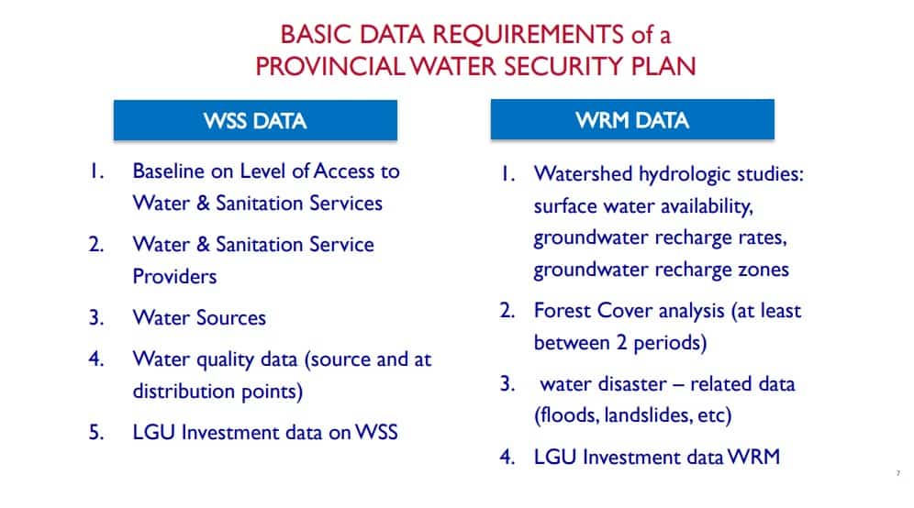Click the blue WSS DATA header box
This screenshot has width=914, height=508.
coord(255,120)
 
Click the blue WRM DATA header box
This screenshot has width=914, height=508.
coord(632,119)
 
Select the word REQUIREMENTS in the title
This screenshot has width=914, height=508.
coord(528,34)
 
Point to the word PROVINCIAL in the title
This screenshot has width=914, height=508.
coord(330,66)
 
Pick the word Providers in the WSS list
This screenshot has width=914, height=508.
coord(175,276)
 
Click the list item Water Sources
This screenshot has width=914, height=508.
coord(199,317)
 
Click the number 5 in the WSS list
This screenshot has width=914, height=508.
coord(95,432)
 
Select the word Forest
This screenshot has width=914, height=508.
coord(563,311)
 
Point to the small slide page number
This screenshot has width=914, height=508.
coord(898,473)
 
